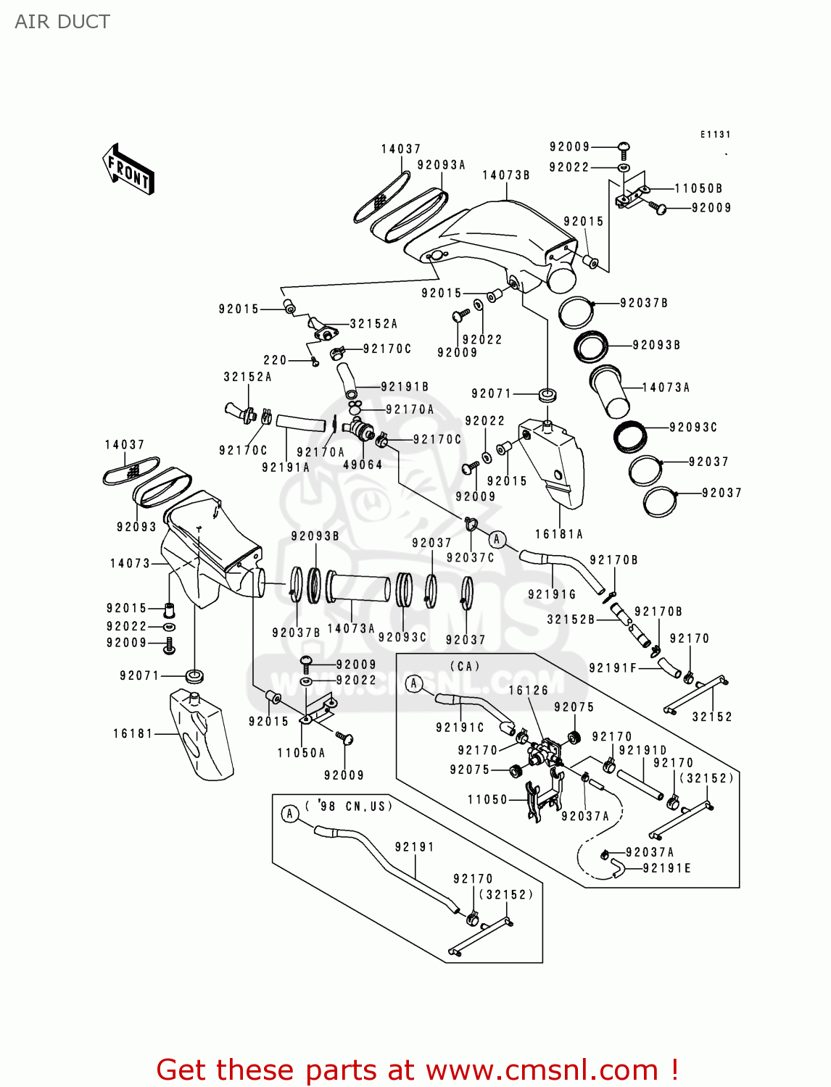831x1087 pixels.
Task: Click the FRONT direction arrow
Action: click(128, 170)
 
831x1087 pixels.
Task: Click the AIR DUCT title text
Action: click(62, 22)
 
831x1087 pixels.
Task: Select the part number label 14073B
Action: click(506, 175)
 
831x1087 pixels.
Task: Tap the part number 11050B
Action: click(698, 188)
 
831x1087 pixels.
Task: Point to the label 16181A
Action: click(559, 534)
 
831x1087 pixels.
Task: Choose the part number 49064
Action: click(363, 465)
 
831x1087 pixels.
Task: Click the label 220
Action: click(275, 360)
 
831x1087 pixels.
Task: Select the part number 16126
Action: click(528, 691)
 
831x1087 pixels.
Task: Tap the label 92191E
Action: click(667, 868)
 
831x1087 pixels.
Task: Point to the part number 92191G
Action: click(552, 594)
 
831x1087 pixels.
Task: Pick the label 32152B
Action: click(571, 620)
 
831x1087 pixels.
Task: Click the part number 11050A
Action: click(301, 753)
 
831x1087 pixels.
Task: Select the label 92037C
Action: click(471, 557)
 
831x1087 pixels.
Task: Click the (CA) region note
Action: click(465, 666)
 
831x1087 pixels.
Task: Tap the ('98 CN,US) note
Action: click(349, 806)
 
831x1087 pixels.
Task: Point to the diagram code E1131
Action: click(715, 135)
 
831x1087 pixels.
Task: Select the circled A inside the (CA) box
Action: click(414, 683)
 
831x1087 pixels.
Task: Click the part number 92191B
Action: click(405, 387)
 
